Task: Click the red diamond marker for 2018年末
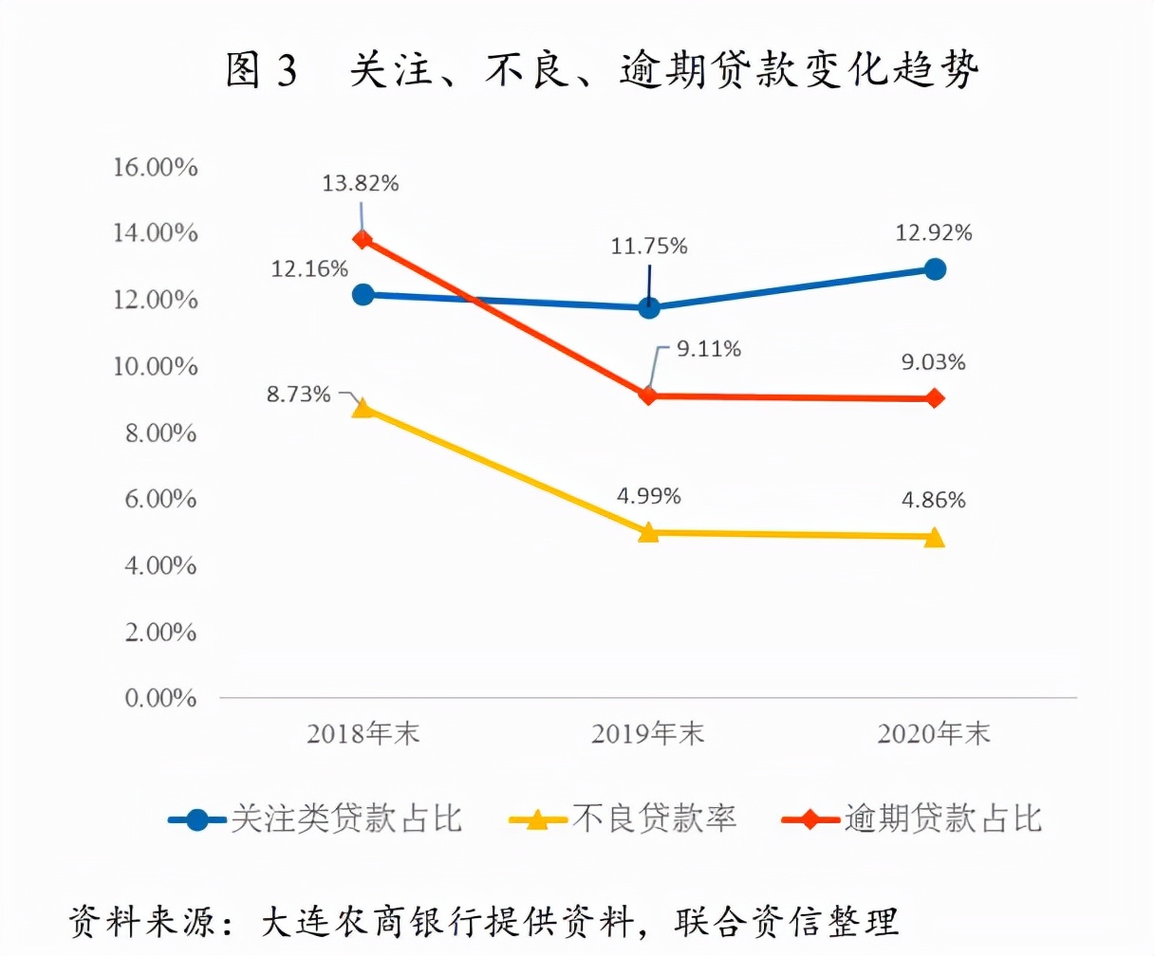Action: click(363, 239)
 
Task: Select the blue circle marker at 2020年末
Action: click(935, 269)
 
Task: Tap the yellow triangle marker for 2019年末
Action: click(648, 532)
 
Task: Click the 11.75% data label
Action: click(649, 247)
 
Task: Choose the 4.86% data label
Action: click(934, 500)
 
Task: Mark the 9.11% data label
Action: click(708, 349)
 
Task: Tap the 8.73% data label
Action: click(298, 395)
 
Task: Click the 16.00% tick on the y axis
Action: click(155, 167)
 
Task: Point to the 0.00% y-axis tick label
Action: click(160, 699)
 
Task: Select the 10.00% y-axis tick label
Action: click(155, 366)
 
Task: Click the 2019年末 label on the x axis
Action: click(648, 733)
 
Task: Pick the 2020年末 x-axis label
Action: click(934, 733)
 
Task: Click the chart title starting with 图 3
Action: click(602, 70)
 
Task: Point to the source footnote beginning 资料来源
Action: click(484, 921)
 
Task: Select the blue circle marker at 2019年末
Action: click(649, 307)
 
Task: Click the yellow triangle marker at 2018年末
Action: click(363, 408)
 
